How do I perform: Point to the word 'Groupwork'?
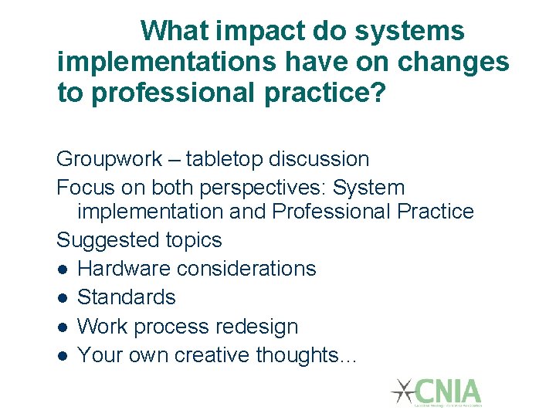[109, 160]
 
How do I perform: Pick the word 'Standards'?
[127, 297]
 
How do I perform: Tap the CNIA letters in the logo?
[449, 390]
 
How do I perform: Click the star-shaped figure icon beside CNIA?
[403, 392]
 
